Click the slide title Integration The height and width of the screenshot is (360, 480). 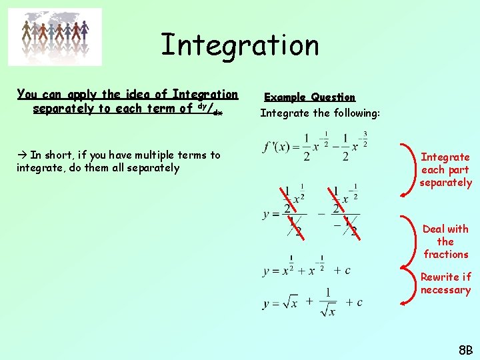click(240, 45)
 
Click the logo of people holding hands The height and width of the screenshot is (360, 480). click(55, 37)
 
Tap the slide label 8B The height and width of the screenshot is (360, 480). click(465, 350)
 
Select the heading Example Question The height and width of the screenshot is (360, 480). click(310, 97)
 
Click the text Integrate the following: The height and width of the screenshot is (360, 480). click(320, 113)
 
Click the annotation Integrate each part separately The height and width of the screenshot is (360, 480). click(445, 169)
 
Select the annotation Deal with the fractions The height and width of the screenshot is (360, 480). click(445, 241)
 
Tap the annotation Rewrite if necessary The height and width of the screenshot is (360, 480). click(445, 283)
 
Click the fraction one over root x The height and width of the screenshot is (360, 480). click(328, 302)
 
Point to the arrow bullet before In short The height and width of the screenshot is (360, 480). click(21, 155)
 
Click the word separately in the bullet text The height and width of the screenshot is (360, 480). click(155, 168)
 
